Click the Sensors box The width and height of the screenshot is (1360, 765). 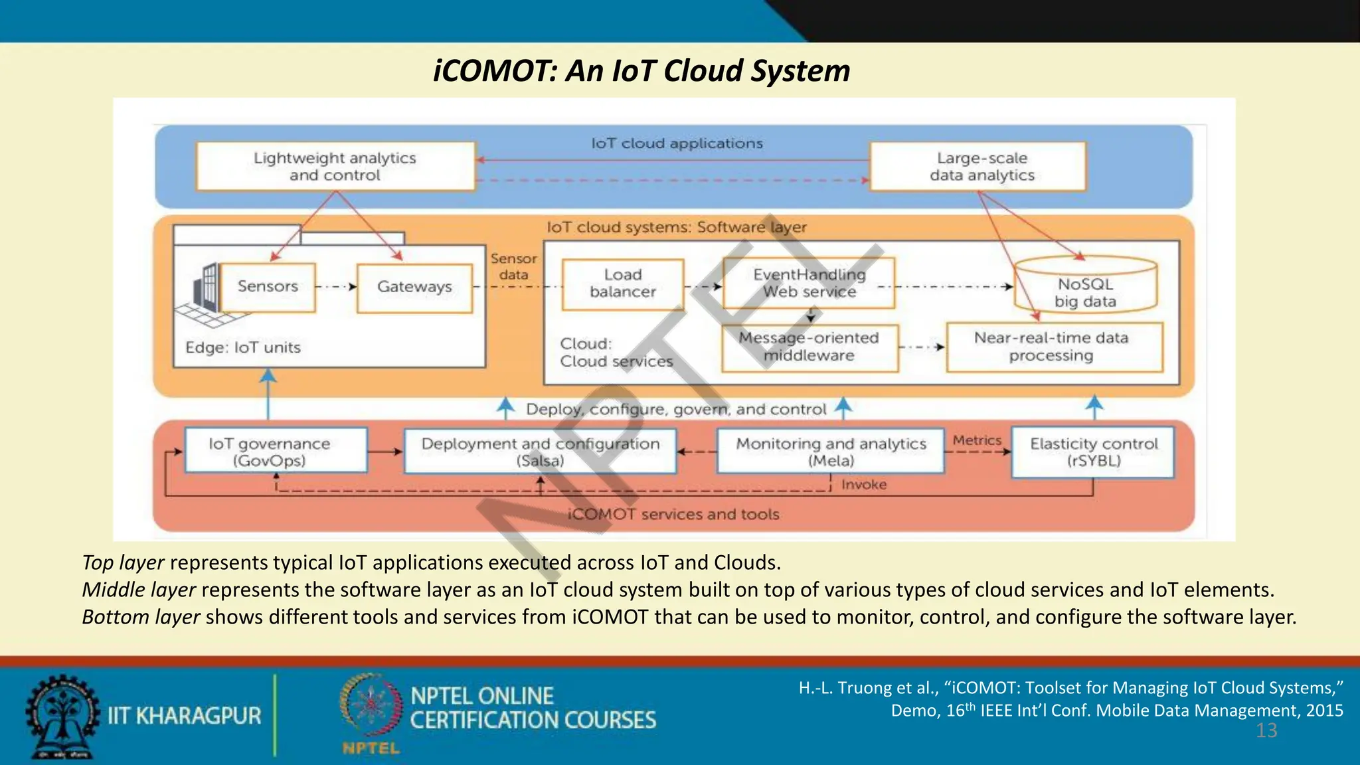click(x=268, y=287)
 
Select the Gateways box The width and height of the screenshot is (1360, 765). click(x=414, y=287)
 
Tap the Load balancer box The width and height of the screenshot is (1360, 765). click(x=622, y=284)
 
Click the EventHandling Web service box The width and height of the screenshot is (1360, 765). click(x=809, y=283)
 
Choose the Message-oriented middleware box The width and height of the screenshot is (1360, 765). click(x=809, y=347)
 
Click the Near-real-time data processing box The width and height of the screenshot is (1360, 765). click(x=1054, y=347)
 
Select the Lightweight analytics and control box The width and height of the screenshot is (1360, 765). click(x=335, y=167)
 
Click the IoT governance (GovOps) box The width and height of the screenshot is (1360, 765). click(x=275, y=451)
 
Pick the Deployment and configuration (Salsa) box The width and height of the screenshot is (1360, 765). click(x=540, y=452)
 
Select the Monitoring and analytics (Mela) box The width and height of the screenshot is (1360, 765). click(x=830, y=452)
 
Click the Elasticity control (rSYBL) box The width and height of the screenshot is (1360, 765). click(x=1092, y=452)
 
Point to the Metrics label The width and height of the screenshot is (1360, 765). click(x=976, y=440)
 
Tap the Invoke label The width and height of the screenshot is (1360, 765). click(x=863, y=485)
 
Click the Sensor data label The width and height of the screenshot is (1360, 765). click(x=513, y=266)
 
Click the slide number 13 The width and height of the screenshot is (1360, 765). click(x=1266, y=731)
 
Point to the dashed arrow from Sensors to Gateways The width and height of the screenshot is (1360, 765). click(x=335, y=287)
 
